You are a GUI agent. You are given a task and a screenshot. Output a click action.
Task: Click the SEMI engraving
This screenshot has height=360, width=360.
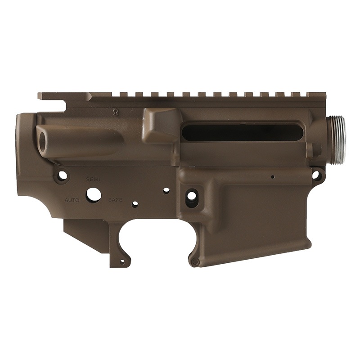pos(93,180)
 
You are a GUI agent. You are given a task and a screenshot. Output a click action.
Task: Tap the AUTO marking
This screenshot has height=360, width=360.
pos(72,200)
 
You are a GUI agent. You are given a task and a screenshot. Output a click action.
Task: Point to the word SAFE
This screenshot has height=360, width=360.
pos(115,200)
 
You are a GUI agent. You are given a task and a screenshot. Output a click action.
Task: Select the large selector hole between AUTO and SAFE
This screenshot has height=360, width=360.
pos(94,195)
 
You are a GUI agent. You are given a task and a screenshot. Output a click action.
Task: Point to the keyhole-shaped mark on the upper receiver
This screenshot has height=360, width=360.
pos(115,112)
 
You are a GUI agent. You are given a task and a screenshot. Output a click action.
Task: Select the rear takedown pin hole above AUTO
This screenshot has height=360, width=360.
pos(62,175)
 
